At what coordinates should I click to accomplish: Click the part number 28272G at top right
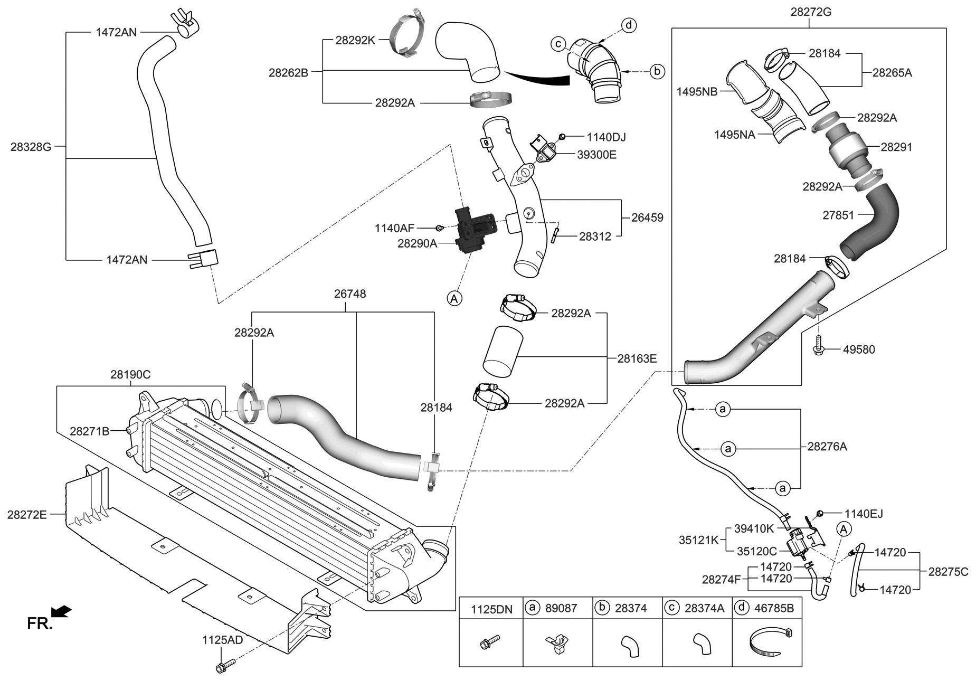click(811, 12)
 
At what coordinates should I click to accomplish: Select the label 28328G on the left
click(31, 147)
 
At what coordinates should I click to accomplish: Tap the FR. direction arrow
click(63, 612)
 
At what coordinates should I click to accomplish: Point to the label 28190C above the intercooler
click(130, 375)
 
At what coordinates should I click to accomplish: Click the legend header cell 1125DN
click(491, 609)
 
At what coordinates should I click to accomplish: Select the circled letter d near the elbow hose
click(629, 25)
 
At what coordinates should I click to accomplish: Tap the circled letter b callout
click(657, 71)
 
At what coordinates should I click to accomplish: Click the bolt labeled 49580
click(818, 346)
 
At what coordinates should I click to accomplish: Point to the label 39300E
click(596, 155)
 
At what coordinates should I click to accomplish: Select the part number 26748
click(349, 294)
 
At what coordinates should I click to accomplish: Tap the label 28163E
click(637, 358)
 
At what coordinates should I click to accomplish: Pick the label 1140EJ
click(863, 514)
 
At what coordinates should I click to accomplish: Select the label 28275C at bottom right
click(948, 571)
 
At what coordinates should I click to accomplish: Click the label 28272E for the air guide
click(27, 514)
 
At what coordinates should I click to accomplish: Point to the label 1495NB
click(697, 91)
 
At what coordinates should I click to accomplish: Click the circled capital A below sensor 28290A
click(454, 298)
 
